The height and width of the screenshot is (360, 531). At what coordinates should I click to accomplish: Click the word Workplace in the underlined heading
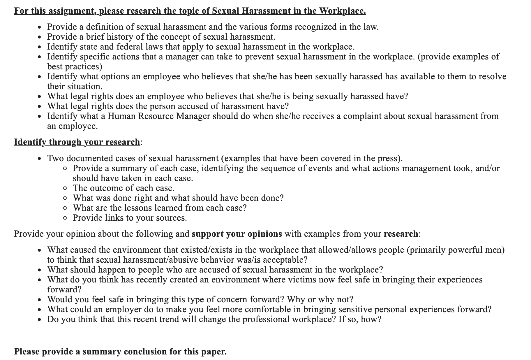pos(342,11)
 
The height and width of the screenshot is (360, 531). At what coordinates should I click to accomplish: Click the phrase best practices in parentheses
pos(75,67)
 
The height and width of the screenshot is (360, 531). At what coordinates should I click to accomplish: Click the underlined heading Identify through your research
pos(77,142)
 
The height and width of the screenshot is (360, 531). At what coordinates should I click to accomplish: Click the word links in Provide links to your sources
pos(114,218)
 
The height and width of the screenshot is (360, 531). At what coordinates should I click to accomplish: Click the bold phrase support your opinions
pos(237,234)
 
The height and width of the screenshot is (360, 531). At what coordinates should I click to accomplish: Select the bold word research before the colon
pos(401,234)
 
